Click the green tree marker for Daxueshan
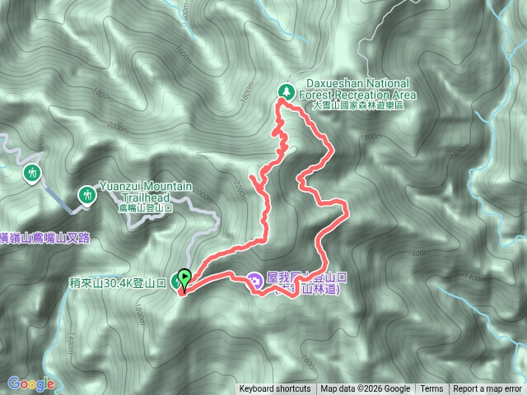[286, 91]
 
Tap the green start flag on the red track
[184, 277]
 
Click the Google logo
[30, 383]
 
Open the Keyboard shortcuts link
[275, 389]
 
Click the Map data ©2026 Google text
[365, 389]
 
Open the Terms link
[431, 389]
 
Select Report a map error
[488, 389]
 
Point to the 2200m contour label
[240, 188]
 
